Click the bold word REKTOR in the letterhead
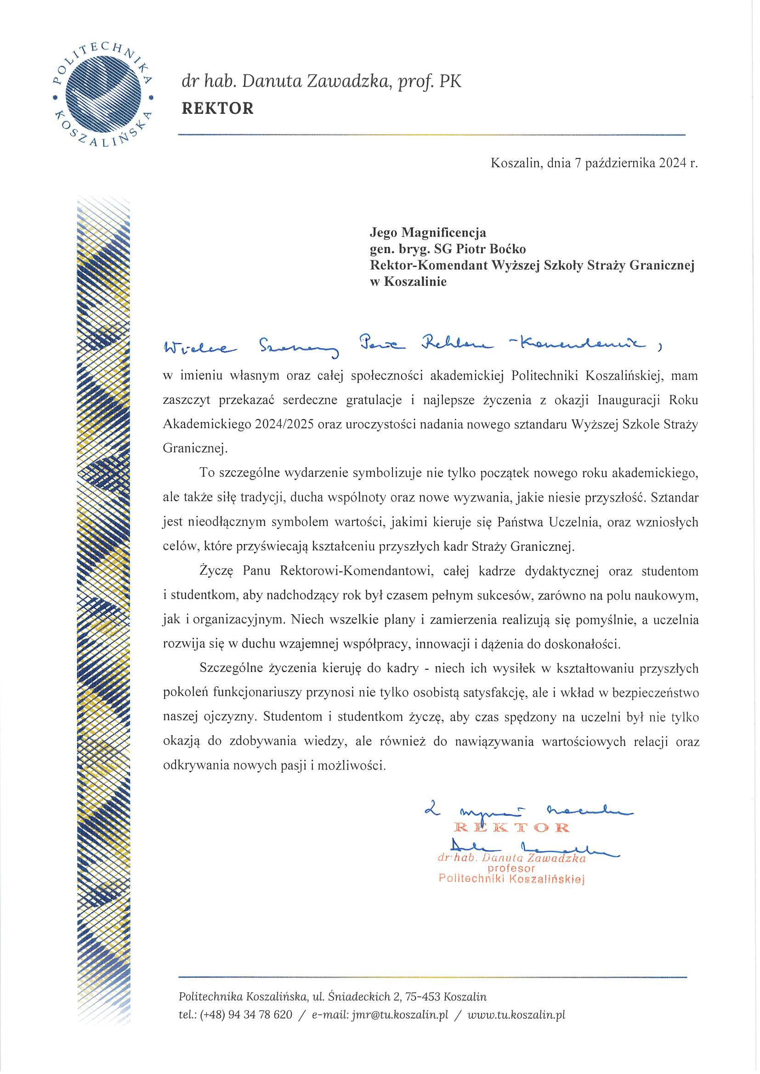pyautogui.click(x=218, y=108)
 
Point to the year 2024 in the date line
pyautogui.click(x=673, y=163)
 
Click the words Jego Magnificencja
pyautogui.click(x=428, y=232)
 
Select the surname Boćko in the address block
pyautogui.click(x=508, y=249)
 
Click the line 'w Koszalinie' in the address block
pyautogui.click(x=408, y=282)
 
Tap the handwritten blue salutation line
pyautogui.click(x=412, y=347)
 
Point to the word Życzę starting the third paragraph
pyautogui.click(x=212, y=571)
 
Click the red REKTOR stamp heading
pyautogui.click(x=511, y=827)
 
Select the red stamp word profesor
pyautogui.click(x=511, y=868)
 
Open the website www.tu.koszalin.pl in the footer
pyautogui.click(x=516, y=1015)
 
